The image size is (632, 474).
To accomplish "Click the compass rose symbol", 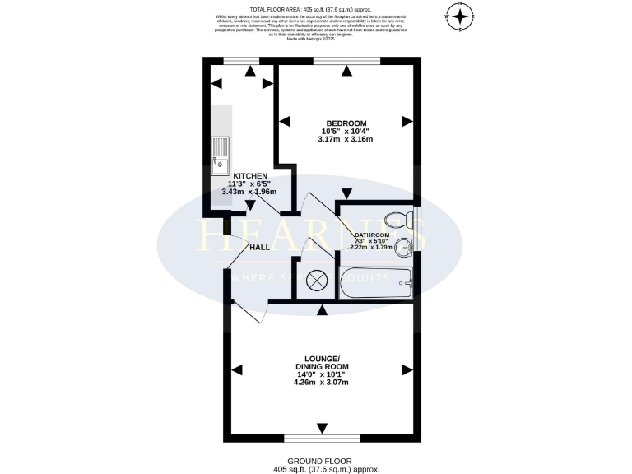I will [460, 16].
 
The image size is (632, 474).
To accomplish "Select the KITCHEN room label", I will [249, 176].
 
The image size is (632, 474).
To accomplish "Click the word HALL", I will [261, 247].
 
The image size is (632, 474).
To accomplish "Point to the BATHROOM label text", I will [372, 235].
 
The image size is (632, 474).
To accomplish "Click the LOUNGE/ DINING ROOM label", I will [322, 363].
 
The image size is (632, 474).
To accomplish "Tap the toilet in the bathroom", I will [399, 217].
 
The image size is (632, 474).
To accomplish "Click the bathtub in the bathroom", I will [375, 283].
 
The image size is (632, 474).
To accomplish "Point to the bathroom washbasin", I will [404, 248].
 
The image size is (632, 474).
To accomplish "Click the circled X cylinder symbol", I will [318, 281].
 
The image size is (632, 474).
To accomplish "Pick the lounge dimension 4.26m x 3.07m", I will [322, 382].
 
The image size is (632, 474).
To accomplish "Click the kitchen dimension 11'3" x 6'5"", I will [249, 184].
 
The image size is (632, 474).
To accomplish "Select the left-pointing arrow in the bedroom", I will [285, 122].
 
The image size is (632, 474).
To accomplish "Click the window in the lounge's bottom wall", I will [322, 437].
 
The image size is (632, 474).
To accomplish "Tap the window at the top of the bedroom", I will [346, 61].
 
